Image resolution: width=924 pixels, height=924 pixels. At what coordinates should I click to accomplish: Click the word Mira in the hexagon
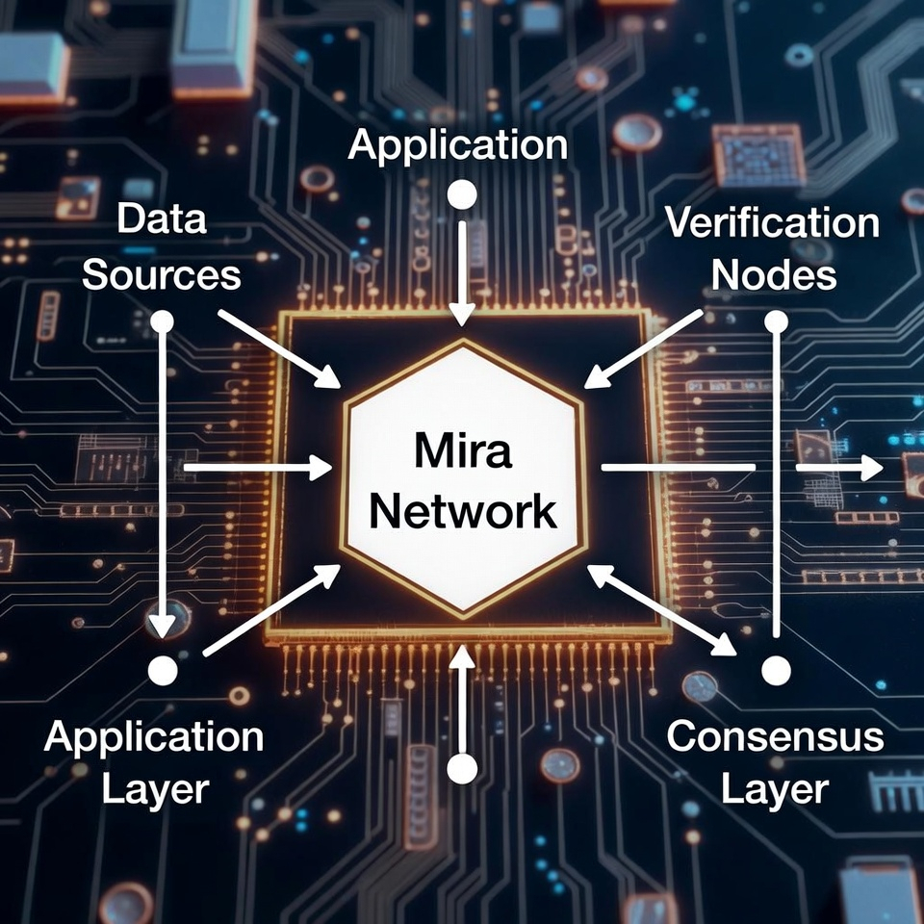(x=462, y=451)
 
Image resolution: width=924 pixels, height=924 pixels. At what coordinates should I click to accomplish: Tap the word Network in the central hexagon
(x=462, y=511)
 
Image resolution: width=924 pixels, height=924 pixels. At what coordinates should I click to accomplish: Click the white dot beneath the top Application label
(x=463, y=195)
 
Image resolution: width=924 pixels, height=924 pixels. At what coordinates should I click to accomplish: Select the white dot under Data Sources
(x=163, y=321)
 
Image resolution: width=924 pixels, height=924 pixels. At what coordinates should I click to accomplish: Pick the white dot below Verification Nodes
(x=777, y=321)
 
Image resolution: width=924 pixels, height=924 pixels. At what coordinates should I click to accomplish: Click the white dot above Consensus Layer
(x=776, y=669)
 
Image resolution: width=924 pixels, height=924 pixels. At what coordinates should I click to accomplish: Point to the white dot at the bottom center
(x=463, y=768)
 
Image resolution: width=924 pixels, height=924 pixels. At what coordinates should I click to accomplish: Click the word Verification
(x=772, y=223)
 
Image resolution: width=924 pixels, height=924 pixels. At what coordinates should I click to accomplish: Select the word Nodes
(x=773, y=275)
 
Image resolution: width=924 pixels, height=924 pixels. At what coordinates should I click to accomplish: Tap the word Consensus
(x=775, y=737)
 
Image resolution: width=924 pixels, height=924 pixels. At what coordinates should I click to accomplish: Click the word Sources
(x=161, y=275)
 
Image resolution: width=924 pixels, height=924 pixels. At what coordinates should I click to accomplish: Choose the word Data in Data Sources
(x=162, y=220)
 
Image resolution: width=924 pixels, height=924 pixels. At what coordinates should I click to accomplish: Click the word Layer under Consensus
(x=775, y=790)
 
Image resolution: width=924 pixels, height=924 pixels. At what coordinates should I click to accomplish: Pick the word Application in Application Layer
(x=154, y=737)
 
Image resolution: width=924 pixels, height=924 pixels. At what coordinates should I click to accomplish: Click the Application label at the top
(x=457, y=145)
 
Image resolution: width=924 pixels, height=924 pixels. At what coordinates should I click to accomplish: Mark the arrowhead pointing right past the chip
(x=869, y=468)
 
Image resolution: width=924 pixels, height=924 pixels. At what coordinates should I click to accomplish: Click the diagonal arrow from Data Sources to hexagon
(x=279, y=348)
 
